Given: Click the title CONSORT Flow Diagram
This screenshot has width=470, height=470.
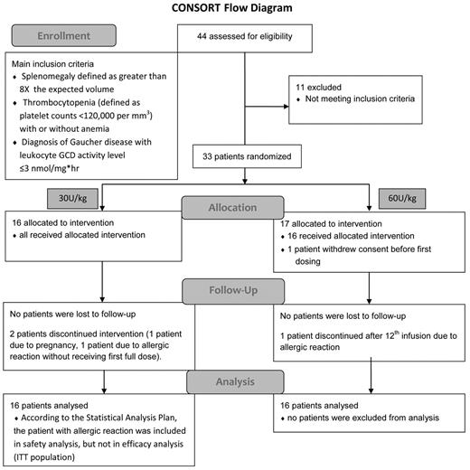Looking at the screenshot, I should click(234, 9).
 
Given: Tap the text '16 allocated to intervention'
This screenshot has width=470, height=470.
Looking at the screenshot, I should click(63, 221).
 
